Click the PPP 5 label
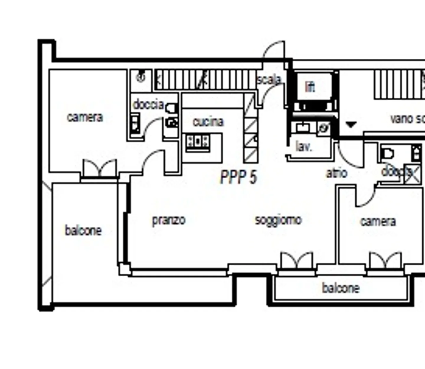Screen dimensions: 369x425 238,177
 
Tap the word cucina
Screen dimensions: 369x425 208,122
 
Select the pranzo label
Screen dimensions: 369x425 169,220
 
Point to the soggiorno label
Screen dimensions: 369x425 278,220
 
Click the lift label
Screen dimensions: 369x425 310,87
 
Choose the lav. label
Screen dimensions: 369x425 303,146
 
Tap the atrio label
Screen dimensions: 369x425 336,173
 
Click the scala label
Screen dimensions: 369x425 269,80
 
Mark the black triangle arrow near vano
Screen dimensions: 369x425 351,125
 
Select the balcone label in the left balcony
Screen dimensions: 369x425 83,230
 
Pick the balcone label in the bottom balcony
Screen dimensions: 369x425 341,288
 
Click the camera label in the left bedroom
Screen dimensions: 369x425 85,117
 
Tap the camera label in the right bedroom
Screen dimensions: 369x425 378,221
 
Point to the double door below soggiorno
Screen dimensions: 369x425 297,261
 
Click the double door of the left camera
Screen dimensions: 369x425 100,168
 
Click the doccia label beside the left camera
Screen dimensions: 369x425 148,105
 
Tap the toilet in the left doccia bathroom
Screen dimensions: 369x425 171,109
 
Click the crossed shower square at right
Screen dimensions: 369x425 413,174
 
